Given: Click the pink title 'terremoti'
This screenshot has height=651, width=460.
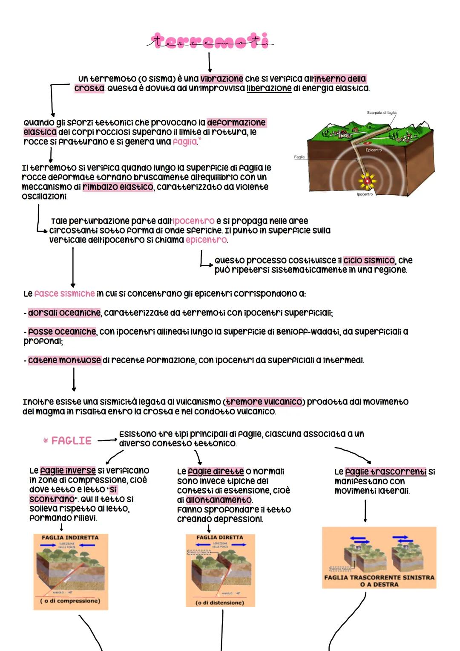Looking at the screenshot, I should point(211,41).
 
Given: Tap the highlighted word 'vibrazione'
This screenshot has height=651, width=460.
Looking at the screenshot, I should point(221,79).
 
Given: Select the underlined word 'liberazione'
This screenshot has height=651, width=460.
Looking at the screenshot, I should point(269,88).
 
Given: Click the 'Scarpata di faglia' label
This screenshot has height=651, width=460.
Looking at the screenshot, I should point(381,113).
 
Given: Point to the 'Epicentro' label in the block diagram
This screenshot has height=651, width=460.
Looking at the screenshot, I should point(374,150).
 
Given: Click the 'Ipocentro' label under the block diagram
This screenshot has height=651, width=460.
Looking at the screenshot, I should point(365,194).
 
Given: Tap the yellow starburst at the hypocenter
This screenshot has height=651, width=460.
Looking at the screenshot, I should point(367,181).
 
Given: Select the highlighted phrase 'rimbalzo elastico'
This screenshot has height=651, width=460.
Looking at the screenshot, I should point(118,187).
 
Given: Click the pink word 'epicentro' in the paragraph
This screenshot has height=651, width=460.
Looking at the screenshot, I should point(206,240).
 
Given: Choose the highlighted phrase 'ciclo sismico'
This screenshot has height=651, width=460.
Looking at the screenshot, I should point(369,260).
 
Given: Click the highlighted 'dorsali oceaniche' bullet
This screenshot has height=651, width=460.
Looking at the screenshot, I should point(64,313).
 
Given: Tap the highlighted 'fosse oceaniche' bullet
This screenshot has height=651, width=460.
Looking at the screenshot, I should point(62,332).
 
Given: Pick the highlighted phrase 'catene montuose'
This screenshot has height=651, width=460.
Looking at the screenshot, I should point(64,360).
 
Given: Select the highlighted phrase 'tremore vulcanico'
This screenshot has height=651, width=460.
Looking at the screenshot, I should point(264,402).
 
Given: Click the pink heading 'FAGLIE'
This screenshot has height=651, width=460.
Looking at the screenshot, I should point(71,441).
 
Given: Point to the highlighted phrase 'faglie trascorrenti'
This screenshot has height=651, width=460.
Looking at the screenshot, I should point(385,472).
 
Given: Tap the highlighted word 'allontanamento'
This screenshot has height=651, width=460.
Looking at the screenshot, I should point(218,500).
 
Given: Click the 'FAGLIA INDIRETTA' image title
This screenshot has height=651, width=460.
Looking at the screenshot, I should point(70,538).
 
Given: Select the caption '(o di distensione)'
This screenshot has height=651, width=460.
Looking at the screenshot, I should point(220,603).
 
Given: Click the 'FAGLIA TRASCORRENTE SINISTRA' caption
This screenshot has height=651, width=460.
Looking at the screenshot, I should point(379,578).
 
